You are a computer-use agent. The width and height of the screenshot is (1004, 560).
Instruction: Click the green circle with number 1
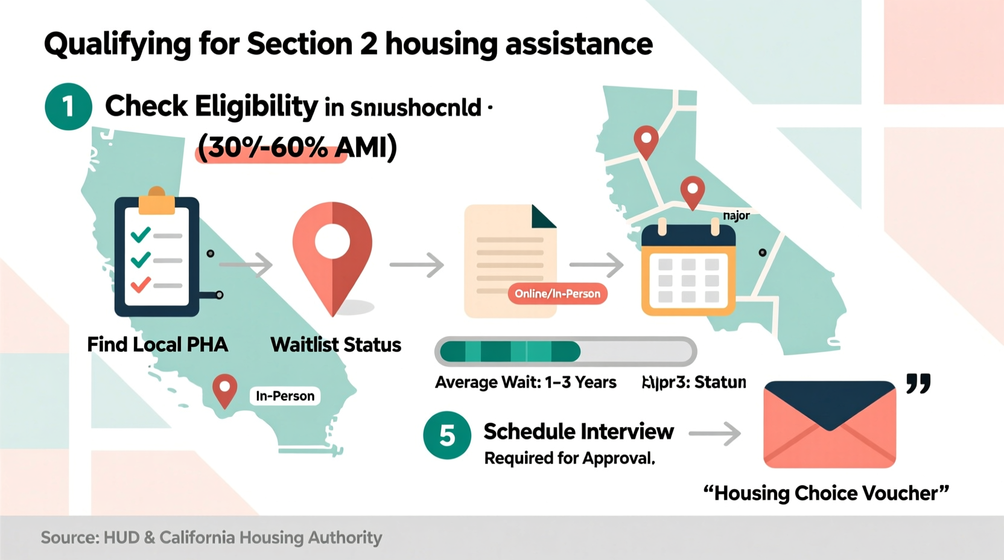pyautogui.click(x=68, y=107)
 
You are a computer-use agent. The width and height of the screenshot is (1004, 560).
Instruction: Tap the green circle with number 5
pyautogui.click(x=447, y=435)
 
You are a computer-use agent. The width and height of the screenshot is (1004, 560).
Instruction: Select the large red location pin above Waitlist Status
pyautogui.click(x=332, y=253)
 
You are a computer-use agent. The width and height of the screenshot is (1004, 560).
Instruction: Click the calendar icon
pyautogui.click(x=688, y=269)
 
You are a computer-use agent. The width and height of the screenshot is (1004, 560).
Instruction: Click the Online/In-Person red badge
pyautogui.click(x=558, y=294)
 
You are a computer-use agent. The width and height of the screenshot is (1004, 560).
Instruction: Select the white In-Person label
pyautogui.click(x=285, y=396)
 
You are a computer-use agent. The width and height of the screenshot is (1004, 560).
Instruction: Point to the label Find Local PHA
pyautogui.click(x=157, y=345)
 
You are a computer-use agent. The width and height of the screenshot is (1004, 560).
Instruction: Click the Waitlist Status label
pyautogui.click(x=335, y=345)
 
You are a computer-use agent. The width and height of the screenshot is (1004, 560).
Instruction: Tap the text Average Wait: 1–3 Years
pyautogui.click(x=526, y=383)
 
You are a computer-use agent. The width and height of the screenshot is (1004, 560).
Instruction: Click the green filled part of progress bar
pyautogui.click(x=510, y=351)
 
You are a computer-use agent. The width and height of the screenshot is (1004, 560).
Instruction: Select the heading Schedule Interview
pyautogui.click(x=578, y=431)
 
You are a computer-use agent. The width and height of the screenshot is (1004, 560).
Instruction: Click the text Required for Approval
pyautogui.click(x=570, y=458)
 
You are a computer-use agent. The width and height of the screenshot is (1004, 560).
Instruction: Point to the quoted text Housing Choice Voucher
pyautogui.click(x=826, y=493)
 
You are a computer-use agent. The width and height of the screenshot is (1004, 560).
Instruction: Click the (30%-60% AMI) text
pyautogui.click(x=297, y=147)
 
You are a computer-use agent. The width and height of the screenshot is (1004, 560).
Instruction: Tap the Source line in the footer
pyautogui.click(x=211, y=537)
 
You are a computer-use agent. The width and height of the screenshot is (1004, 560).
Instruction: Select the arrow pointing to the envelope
pyautogui.click(x=714, y=433)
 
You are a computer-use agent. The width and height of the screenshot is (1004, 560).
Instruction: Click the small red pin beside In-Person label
pyautogui.click(x=224, y=390)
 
